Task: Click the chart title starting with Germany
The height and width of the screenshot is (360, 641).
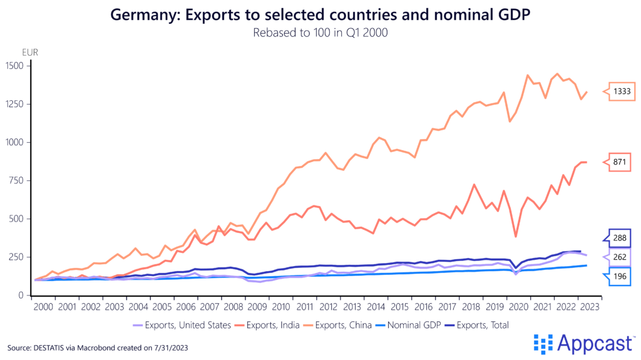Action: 320,14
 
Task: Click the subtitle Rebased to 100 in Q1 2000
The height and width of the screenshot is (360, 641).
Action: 320,33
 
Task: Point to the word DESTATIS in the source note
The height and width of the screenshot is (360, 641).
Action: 52,347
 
